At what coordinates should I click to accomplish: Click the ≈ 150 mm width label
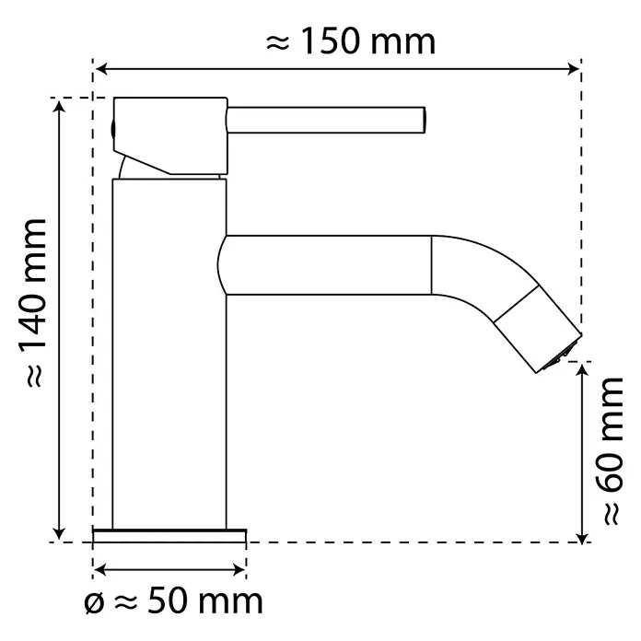coord(351,41)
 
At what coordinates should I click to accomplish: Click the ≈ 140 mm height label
coord(35,302)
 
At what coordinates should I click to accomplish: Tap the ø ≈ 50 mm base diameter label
coord(173,601)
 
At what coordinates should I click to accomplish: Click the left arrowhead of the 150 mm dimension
coord(100,69)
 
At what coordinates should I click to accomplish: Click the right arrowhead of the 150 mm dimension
coord(574,69)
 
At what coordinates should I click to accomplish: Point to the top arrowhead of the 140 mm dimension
coord(60,106)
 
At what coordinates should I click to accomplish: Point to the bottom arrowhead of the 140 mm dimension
coord(60,533)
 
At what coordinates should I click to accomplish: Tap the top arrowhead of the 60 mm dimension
coord(582,369)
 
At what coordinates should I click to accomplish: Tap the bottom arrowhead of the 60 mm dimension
coord(582,536)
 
